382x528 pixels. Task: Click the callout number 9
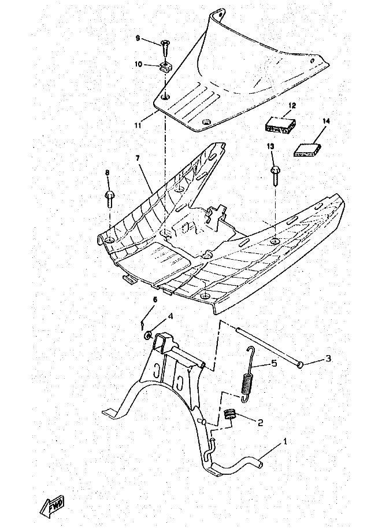(x=138, y=38)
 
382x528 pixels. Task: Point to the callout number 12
(x=292, y=105)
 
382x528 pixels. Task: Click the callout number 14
(x=326, y=121)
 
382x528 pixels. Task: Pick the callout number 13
(x=270, y=147)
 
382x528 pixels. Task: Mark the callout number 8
(x=107, y=172)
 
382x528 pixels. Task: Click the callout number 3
(x=328, y=359)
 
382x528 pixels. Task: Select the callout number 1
(x=285, y=442)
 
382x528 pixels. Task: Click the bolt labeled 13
(x=274, y=173)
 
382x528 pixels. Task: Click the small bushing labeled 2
(x=230, y=414)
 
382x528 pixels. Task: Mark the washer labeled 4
(x=148, y=335)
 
